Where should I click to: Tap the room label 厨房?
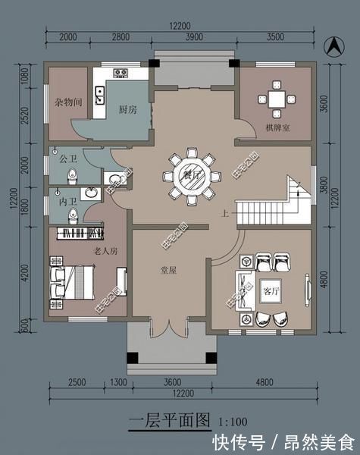coord(127,109)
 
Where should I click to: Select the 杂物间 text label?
coord(67,102)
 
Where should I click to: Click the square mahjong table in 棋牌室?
coord(275,99)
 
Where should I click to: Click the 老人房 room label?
coord(105,250)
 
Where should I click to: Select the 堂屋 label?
coord(168,270)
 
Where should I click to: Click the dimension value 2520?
coord(23,118)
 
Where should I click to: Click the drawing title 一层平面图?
coord(171,419)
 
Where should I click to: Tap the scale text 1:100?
coord(232,420)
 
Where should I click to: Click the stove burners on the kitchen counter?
coord(121,73)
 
